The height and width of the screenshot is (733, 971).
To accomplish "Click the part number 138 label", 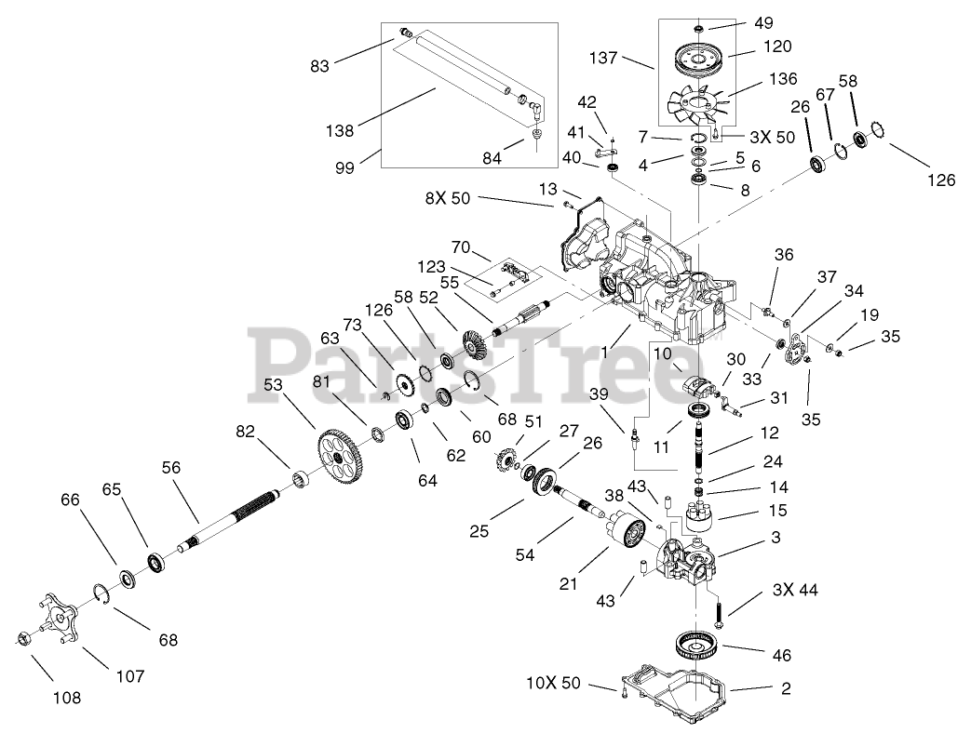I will tap(340, 130).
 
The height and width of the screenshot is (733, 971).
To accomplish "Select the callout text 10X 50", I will tap(551, 684).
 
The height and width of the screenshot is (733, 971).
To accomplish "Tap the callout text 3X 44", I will tap(796, 590).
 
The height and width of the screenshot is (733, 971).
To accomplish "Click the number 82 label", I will tap(245, 431).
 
